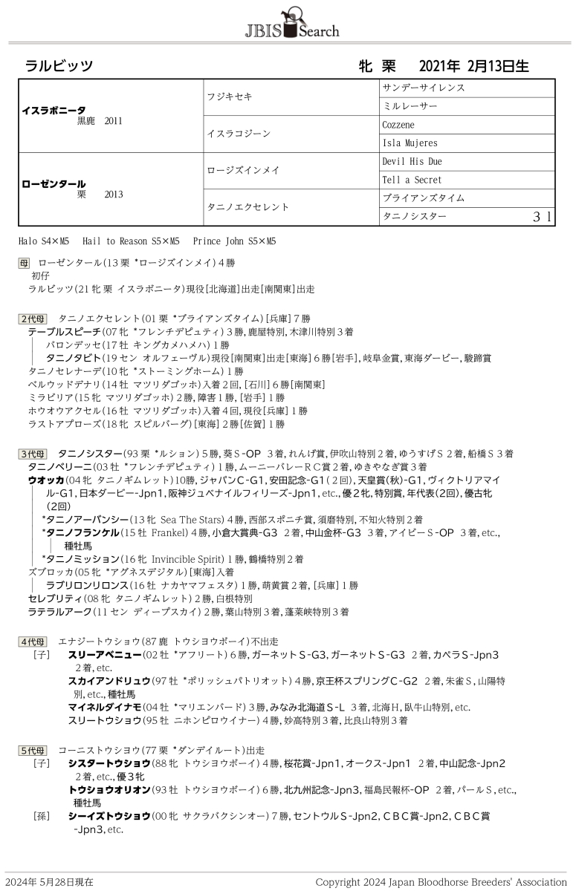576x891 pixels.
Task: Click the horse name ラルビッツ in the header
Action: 59,66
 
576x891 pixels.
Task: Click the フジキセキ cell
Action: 230,97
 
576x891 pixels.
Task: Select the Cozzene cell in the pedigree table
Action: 398,125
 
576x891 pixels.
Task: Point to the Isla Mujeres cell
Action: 410,143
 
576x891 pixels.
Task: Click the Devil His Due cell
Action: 412,162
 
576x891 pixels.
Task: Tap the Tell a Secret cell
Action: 412,180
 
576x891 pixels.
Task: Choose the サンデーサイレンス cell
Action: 424,88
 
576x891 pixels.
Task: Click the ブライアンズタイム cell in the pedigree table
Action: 424,198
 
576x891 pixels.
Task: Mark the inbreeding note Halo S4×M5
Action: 44,241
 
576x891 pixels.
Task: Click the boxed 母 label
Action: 25,263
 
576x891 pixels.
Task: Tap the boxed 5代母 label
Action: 33,751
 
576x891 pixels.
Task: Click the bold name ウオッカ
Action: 45,480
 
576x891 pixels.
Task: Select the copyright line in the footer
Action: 441,882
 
